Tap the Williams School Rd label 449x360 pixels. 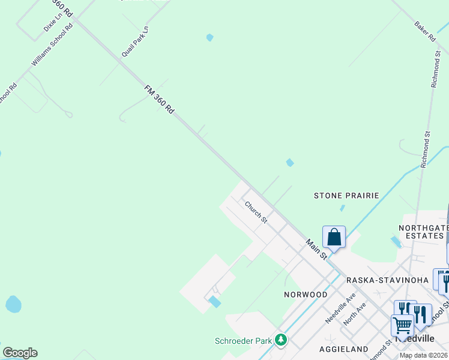point(52,45)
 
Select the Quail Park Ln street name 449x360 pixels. point(135,41)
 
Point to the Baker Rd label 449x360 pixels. point(424,32)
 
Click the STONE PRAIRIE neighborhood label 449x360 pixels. point(347,196)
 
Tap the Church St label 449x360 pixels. point(256,212)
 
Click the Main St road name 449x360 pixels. point(316,250)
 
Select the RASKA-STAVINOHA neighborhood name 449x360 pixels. point(387,280)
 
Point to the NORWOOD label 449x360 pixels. point(306,295)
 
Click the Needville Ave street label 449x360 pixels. point(340,308)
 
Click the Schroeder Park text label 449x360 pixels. point(244,341)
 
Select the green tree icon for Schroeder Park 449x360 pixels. point(280,340)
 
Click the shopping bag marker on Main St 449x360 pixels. point(334,237)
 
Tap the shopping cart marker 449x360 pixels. point(402,325)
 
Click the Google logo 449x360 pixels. point(20,353)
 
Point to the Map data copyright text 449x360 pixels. point(424,355)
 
